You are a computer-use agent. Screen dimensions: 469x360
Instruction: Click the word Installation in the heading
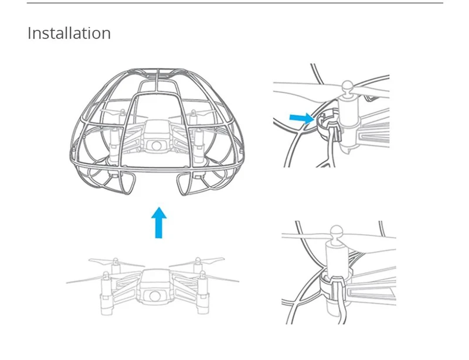pyautogui.click(x=69, y=33)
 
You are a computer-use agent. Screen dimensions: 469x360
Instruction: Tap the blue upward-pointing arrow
pyautogui.click(x=159, y=223)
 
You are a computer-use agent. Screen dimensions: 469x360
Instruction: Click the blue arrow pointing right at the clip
pyautogui.click(x=302, y=118)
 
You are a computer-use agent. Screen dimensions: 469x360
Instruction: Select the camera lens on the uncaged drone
pyautogui.click(x=155, y=296)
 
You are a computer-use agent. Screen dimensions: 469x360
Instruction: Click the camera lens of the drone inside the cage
pyautogui.click(x=156, y=146)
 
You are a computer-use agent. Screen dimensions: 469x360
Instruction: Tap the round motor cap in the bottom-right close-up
pyautogui.click(x=337, y=232)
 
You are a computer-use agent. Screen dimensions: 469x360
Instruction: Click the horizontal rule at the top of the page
pyautogui.click(x=235, y=3)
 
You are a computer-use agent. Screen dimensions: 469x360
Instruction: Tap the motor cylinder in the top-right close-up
pyautogui.click(x=348, y=112)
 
